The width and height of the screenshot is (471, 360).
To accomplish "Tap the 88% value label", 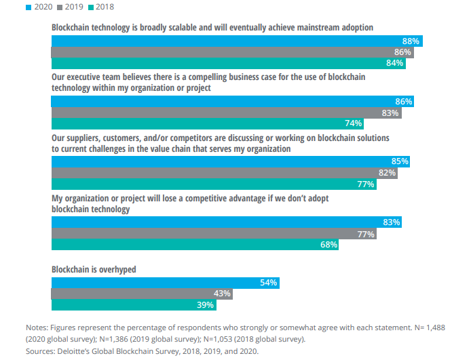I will point(411,41).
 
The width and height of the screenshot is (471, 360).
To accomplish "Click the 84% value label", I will point(394,63).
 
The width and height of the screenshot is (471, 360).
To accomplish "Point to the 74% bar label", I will point(354,123).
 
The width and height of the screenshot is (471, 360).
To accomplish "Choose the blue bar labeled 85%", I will point(230,161).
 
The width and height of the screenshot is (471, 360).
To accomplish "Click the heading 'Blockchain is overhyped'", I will point(94,269).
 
